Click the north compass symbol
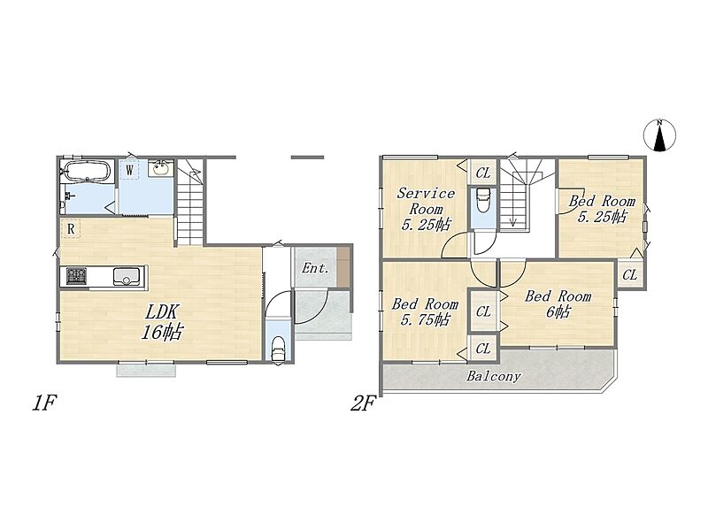(x=659, y=135)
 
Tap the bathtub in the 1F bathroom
(x=86, y=172)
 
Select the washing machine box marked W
(x=129, y=170)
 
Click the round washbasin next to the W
(x=160, y=169)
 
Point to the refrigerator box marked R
(x=71, y=229)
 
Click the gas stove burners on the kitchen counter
(x=76, y=276)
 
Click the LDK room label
(x=162, y=322)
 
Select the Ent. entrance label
(x=315, y=268)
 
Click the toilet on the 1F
(x=278, y=349)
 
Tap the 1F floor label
(x=43, y=403)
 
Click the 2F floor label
(x=363, y=403)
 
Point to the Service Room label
(x=426, y=209)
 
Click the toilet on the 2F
(x=482, y=200)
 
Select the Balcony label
(x=494, y=376)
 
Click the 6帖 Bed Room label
(x=558, y=303)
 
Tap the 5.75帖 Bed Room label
(x=425, y=311)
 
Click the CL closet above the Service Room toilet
(x=482, y=173)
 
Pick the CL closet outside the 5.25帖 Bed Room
(x=630, y=274)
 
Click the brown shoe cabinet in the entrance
(x=343, y=266)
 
